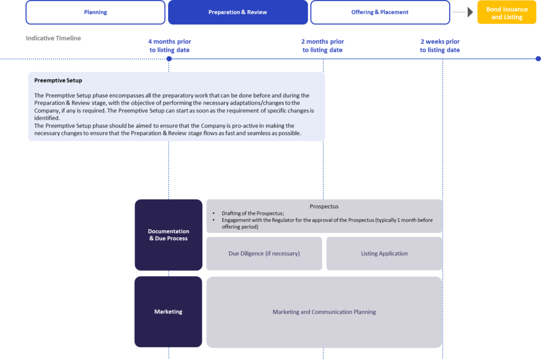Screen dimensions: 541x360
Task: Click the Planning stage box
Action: (96, 13)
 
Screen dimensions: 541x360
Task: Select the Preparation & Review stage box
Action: (238, 13)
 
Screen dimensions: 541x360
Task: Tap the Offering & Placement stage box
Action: (380, 13)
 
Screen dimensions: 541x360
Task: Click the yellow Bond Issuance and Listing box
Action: (507, 13)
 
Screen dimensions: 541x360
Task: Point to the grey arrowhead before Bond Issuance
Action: (470, 12)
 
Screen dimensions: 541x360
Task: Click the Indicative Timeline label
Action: (53, 39)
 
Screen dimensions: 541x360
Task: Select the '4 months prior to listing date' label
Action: (170, 45)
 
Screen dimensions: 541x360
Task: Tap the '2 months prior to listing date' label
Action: (323, 45)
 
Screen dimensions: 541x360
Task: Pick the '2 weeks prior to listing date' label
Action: (440, 45)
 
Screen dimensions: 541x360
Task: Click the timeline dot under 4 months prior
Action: (169, 59)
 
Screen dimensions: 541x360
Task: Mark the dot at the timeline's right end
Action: (538, 59)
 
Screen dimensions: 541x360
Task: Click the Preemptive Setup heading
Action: (58, 80)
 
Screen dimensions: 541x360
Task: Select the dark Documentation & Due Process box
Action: (169, 235)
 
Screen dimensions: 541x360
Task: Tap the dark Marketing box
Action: (169, 312)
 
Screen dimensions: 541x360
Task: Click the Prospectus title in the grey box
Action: (324, 206)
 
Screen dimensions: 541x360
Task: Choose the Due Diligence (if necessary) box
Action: (264, 253)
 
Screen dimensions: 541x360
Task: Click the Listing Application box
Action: (385, 253)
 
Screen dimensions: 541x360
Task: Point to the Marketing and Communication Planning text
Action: (324, 312)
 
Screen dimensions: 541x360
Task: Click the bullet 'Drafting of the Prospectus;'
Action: (253, 213)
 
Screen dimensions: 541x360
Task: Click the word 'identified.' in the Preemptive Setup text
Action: (47, 118)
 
